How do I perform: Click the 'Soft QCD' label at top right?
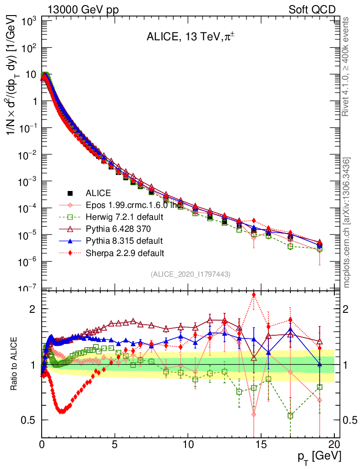[312, 10]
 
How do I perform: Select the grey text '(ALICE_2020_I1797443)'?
[190, 274]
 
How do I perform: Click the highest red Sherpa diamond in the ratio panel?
[254, 295]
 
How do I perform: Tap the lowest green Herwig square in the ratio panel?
[290, 415]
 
